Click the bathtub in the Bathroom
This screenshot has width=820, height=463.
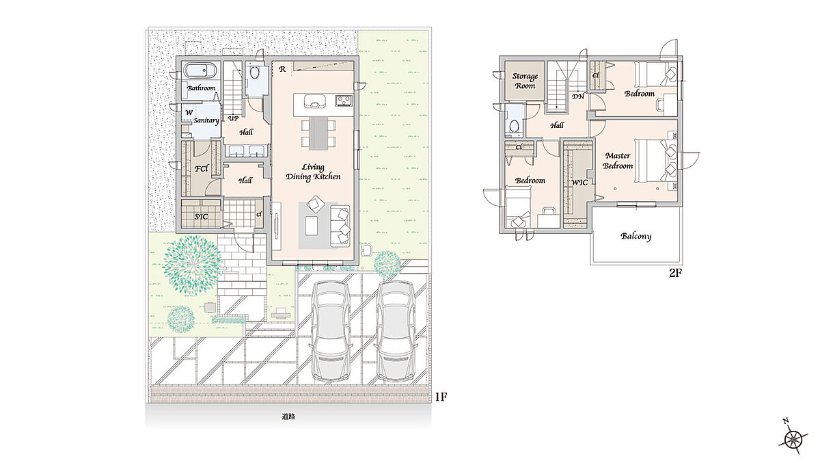200,70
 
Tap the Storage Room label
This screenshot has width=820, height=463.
525,81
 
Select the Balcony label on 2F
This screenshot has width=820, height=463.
636,236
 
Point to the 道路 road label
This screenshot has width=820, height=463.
288,416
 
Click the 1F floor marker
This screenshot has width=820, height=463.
441,397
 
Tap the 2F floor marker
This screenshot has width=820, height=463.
675,273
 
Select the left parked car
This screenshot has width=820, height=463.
331,332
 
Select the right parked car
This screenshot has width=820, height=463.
396,332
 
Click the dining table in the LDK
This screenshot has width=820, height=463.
318,133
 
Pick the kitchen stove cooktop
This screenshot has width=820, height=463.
344,100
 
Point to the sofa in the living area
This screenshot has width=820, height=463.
340,226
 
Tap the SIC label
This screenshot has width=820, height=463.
201,217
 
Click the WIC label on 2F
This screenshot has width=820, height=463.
579,182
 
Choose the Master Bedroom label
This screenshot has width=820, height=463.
618,161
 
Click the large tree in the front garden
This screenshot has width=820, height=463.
192,265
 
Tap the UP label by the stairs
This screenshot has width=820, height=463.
233,118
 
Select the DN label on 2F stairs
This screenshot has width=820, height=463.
578,96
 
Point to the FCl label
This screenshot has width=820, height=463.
202,168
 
